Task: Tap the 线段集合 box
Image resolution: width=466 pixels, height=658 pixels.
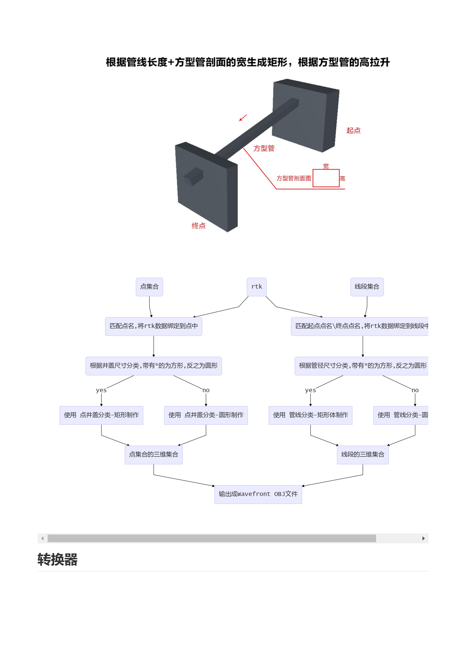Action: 367,287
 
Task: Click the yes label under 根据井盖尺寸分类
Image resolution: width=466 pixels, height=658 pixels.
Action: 101,390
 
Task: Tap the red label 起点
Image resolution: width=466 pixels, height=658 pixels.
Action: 353,131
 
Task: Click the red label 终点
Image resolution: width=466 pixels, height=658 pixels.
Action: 199,226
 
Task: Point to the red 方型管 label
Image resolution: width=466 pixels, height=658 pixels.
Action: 264,148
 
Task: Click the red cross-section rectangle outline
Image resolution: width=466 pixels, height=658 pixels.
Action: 326,170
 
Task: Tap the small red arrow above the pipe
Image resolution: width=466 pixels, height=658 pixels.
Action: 243,118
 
